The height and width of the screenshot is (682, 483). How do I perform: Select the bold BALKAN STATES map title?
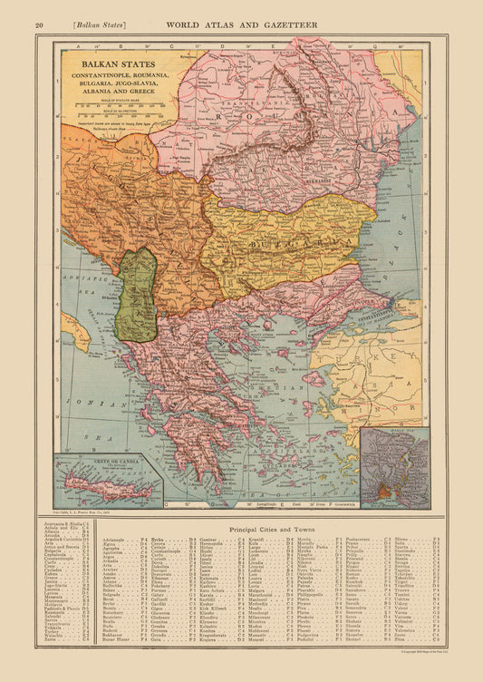pos(112,64)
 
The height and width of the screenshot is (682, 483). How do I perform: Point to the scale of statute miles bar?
pos(112,105)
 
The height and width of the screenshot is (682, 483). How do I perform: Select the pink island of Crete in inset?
pos(100,486)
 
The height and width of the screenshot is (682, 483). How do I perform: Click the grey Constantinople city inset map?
pos(394,466)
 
